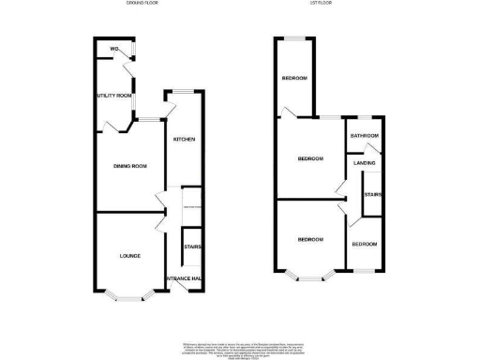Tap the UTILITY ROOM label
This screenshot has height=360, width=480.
point(112,97)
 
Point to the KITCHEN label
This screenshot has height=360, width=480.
point(183,140)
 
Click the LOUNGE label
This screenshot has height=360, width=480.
point(129,255)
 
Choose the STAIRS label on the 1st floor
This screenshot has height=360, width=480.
point(371,196)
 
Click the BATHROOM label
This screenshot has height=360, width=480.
point(364,136)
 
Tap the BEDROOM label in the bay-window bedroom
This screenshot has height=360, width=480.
point(310,240)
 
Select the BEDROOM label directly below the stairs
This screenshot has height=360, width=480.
point(364,245)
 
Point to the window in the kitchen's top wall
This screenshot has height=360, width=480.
point(181,91)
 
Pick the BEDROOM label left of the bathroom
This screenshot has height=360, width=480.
point(310,158)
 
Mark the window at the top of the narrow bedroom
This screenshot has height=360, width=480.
point(296,38)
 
